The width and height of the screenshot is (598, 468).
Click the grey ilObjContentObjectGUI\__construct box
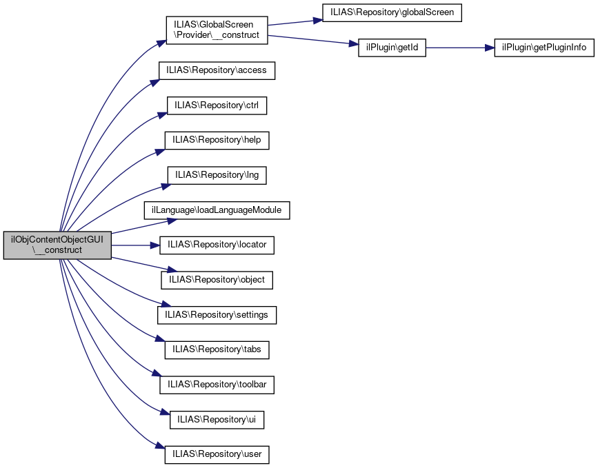pos(57,245)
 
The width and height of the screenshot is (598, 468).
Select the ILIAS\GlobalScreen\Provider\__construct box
pos(217,30)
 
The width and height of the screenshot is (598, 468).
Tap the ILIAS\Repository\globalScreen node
pos(392,12)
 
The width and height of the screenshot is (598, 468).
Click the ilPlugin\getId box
pos(392,48)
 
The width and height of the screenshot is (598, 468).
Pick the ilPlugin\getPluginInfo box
pos(544,48)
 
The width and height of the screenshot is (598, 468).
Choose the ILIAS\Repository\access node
pos(217,70)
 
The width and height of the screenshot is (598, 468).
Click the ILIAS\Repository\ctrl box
pos(217,105)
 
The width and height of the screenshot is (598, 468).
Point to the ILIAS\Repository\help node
pos(217,140)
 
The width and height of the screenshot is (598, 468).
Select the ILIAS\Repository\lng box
pos(217,175)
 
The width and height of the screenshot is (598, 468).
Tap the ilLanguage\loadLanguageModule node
pos(217,210)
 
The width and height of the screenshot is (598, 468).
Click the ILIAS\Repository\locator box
pos(217,245)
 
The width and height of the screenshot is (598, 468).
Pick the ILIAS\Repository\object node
pos(217,280)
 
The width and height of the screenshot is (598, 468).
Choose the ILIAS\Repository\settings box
pos(217,315)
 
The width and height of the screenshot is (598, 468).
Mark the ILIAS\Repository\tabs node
pos(217,350)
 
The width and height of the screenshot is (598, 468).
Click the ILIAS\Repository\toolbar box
pos(217,385)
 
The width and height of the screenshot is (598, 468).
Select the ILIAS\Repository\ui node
pos(217,420)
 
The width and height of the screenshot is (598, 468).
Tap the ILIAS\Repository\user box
pos(217,455)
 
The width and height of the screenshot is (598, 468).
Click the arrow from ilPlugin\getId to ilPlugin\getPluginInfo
pos(460,48)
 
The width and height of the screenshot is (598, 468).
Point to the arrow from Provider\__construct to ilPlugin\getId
pos(313,40)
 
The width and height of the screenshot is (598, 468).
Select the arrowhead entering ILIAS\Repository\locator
pos(155,245)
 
